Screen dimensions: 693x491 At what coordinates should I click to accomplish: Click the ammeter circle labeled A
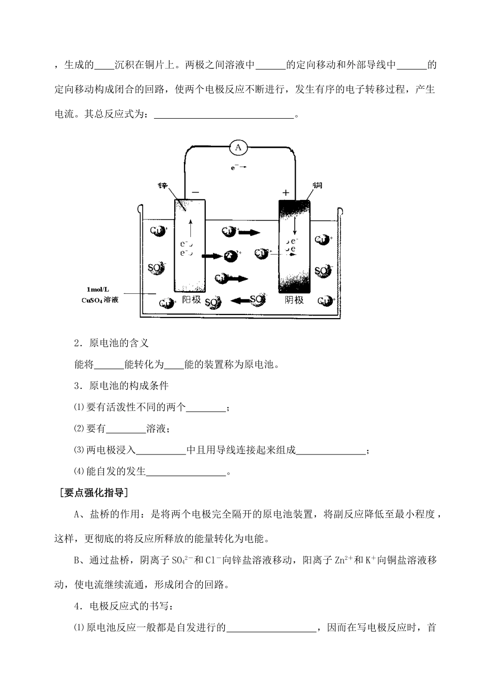point(238,148)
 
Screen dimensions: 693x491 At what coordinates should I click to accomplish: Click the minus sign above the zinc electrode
point(195,192)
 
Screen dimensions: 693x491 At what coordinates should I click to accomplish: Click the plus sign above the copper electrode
point(286,193)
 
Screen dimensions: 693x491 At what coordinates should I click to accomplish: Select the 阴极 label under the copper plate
point(295,300)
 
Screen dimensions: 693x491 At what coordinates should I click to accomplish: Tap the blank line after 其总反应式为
point(224,115)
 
